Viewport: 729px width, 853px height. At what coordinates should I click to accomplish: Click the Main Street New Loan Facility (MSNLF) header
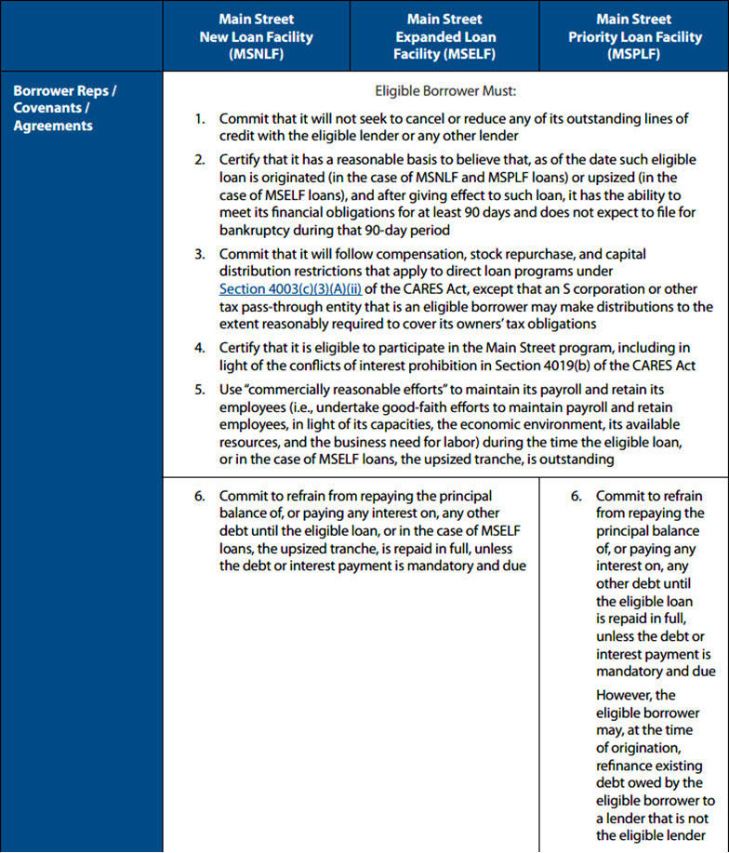(256, 37)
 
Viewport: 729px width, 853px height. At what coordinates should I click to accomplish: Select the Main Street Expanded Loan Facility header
(444, 37)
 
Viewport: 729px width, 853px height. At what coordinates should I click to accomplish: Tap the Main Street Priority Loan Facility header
(633, 37)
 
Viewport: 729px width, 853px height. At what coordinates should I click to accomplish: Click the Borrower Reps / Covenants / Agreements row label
(65, 109)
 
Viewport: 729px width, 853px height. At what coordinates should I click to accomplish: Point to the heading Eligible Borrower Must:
(444, 92)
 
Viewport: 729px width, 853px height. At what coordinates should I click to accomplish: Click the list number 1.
(199, 119)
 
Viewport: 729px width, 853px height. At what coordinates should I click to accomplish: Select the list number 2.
(199, 159)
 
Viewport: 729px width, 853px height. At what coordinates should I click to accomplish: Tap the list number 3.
(199, 254)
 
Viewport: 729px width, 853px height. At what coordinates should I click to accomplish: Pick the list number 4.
(199, 348)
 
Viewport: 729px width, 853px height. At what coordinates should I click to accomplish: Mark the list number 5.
(199, 389)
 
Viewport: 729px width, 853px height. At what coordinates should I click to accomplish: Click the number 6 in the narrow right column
(576, 496)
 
